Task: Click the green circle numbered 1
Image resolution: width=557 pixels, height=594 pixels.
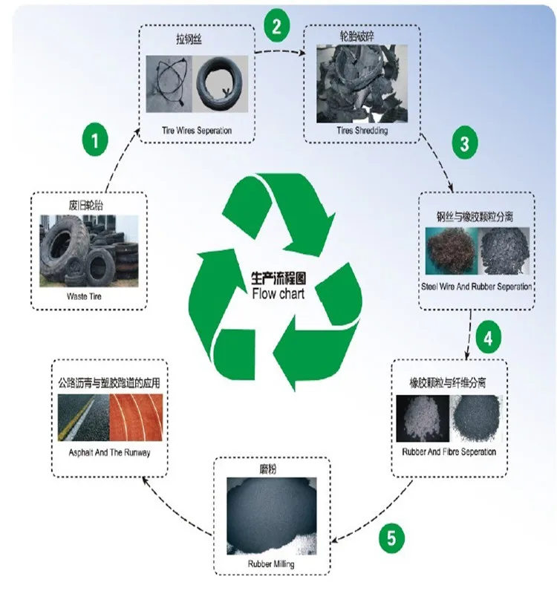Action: [x=95, y=139]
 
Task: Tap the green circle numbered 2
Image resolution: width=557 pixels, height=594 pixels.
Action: [x=276, y=27]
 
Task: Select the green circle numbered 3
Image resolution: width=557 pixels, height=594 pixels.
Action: [x=464, y=144]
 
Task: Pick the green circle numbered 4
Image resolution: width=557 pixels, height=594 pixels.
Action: [x=487, y=339]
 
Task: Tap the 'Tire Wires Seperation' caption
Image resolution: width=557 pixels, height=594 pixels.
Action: [x=197, y=131]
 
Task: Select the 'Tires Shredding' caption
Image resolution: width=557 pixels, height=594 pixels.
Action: [x=362, y=131]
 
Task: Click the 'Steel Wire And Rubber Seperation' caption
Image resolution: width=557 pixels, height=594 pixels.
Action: [x=477, y=287]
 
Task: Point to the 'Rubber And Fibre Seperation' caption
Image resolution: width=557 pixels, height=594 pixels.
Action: [x=449, y=451]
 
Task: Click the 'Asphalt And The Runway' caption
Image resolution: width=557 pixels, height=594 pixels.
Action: [x=109, y=452]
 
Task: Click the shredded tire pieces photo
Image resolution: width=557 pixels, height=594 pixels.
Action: [x=362, y=84]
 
